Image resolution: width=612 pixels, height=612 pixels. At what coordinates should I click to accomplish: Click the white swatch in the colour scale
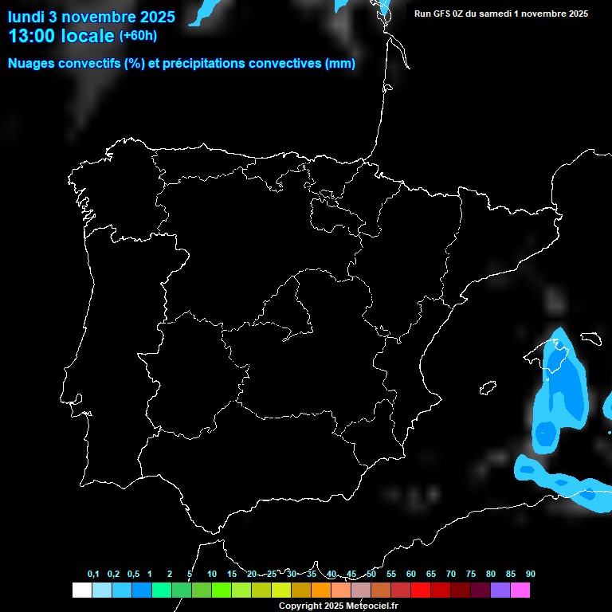[81, 590]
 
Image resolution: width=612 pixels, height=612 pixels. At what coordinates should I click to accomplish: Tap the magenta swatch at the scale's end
[520, 590]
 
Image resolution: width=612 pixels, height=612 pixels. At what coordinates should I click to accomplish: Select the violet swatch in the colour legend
[500, 590]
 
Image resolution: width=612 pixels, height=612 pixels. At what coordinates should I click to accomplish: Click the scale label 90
[531, 575]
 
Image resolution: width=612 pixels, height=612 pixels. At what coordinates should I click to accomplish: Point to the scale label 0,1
[93, 575]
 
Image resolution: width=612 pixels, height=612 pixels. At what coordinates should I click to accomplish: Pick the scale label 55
[391, 575]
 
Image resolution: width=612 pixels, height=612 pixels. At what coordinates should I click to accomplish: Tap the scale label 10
[212, 575]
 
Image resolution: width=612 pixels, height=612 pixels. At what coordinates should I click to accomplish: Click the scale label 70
[451, 575]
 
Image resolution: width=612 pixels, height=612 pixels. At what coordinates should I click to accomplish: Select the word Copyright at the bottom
[300, 606]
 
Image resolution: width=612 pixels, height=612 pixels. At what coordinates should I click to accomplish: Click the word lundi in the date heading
[27, 16]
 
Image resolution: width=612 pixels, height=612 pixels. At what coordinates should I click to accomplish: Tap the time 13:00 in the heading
[31, 36]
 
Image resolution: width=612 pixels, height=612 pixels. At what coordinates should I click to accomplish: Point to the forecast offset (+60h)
[138, 36]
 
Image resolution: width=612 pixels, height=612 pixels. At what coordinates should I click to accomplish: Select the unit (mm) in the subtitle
[340, 64]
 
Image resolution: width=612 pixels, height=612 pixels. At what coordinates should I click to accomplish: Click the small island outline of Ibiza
[488, 388]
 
